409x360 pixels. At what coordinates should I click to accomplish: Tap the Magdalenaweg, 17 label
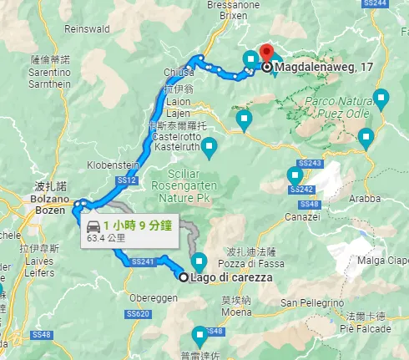(x=312, y=68)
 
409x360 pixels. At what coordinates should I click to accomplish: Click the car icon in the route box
(x=93, y=226)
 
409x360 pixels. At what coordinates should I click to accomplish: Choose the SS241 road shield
(x=144, y=261)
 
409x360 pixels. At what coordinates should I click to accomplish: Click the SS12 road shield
(x=127, y=180)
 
